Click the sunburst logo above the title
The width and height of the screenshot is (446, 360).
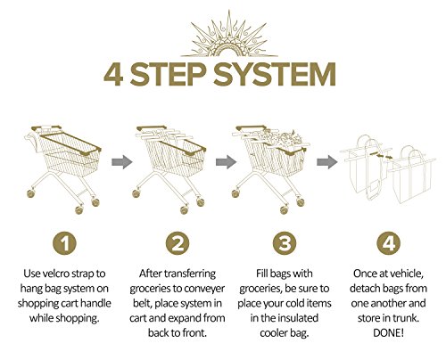[x=229, y=36]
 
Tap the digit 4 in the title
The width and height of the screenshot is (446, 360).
[x=113, y=74]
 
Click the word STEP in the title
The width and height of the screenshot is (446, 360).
[x=168, y=74]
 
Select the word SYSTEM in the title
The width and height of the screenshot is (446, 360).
[x=275, y=74]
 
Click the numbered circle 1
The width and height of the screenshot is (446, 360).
[x=64, y=243]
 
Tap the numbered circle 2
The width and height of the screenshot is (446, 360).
[x=178, y=243]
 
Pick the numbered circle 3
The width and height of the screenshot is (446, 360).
[x=285, y=243]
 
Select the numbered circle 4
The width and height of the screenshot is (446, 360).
[x=389, y=243]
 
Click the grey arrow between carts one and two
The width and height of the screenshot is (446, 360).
[x=122, y=162]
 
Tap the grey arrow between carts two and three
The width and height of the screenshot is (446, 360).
[x=226, y=162]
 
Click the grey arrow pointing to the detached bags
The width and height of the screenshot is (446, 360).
[x=327, y=162]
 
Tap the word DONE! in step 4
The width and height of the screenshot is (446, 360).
[x=388, y=333]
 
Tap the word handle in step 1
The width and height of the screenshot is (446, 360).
[x=95, y=303]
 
